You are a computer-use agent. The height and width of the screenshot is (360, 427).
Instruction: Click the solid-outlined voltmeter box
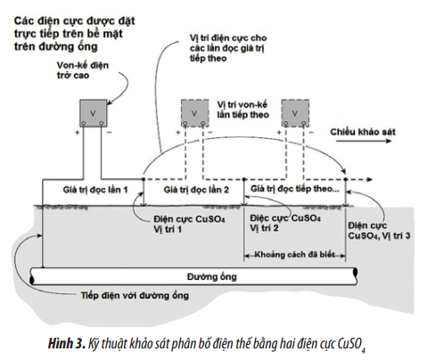click(x=93, y=113)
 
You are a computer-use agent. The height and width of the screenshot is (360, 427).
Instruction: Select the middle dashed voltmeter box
click(x=194, y=113)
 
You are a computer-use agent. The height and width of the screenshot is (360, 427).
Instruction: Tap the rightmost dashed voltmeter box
click(x=295, y=113)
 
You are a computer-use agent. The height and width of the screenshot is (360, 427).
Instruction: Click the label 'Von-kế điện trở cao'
click(x=83, y=70)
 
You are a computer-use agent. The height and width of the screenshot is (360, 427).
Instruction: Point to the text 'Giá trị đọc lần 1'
click(x=95, y=190)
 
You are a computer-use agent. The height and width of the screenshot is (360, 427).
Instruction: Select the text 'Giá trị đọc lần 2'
click(x=196, y=190)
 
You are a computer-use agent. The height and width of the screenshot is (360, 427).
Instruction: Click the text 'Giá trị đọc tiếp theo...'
click(x=294, y=189)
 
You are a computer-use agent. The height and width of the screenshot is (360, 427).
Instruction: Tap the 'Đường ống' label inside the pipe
click(x=211, y=277)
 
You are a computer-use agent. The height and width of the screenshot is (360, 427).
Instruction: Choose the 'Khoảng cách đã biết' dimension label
click(x=294, y=255)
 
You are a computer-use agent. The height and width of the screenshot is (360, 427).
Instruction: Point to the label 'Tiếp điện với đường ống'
click(x=135, y=296)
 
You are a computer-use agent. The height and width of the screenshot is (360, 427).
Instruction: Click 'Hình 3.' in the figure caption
click(x=67, y=344)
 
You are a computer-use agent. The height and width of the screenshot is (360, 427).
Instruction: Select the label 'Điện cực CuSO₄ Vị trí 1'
click(x=189, y=225)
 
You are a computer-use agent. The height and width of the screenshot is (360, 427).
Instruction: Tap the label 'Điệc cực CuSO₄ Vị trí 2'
click(x=285, y=223)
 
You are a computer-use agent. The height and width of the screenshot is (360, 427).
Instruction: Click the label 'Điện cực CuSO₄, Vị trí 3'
click(x=379, y=231)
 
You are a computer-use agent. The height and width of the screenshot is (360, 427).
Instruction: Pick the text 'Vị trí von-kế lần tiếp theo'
click(x=242, y=110)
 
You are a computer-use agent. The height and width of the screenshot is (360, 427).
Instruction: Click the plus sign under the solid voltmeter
click(x=77, y=133)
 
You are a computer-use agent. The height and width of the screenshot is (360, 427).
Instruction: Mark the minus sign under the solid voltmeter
click(x=109, y=133)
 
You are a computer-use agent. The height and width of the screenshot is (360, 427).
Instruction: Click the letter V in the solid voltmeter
click(x=93, y=113)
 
